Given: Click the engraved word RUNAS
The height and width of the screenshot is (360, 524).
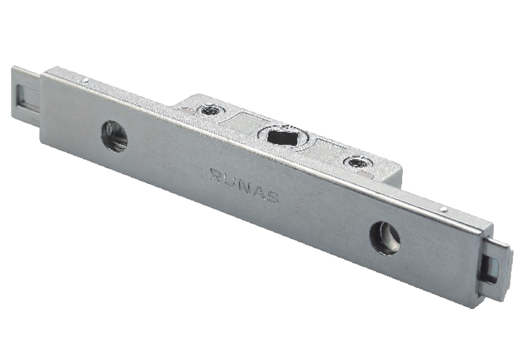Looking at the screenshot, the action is point(244,185).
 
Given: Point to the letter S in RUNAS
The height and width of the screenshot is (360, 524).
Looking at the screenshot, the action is point(273,197).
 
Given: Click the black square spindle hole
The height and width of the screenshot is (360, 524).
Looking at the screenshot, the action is point(284,137).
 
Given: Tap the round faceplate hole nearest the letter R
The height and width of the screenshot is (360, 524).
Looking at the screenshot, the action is point(115,137).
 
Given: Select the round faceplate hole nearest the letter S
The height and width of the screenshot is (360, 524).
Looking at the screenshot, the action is point(385,238).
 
